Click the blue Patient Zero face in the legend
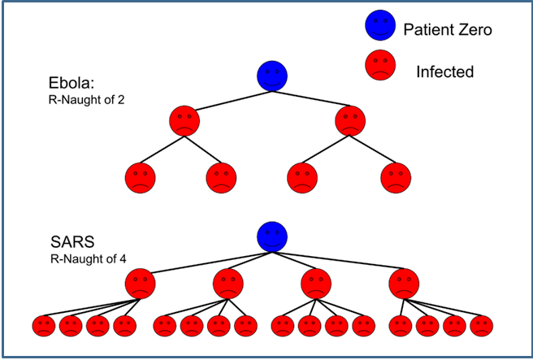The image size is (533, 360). (x=379, y=29)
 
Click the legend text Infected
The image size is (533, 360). (x=444, y=72)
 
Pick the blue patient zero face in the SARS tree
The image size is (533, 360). (x=271, y=237)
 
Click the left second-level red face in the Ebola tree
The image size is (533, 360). (x=184, y=122)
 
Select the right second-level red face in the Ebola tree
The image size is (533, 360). (x=349, y=122)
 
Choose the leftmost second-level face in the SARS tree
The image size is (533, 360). (x=141, y=284)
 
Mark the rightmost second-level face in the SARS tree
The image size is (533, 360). (x=404, y=284)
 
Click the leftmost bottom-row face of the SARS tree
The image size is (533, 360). (x=45, y=327)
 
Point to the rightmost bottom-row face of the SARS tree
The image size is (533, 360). (x=481, y=327)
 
